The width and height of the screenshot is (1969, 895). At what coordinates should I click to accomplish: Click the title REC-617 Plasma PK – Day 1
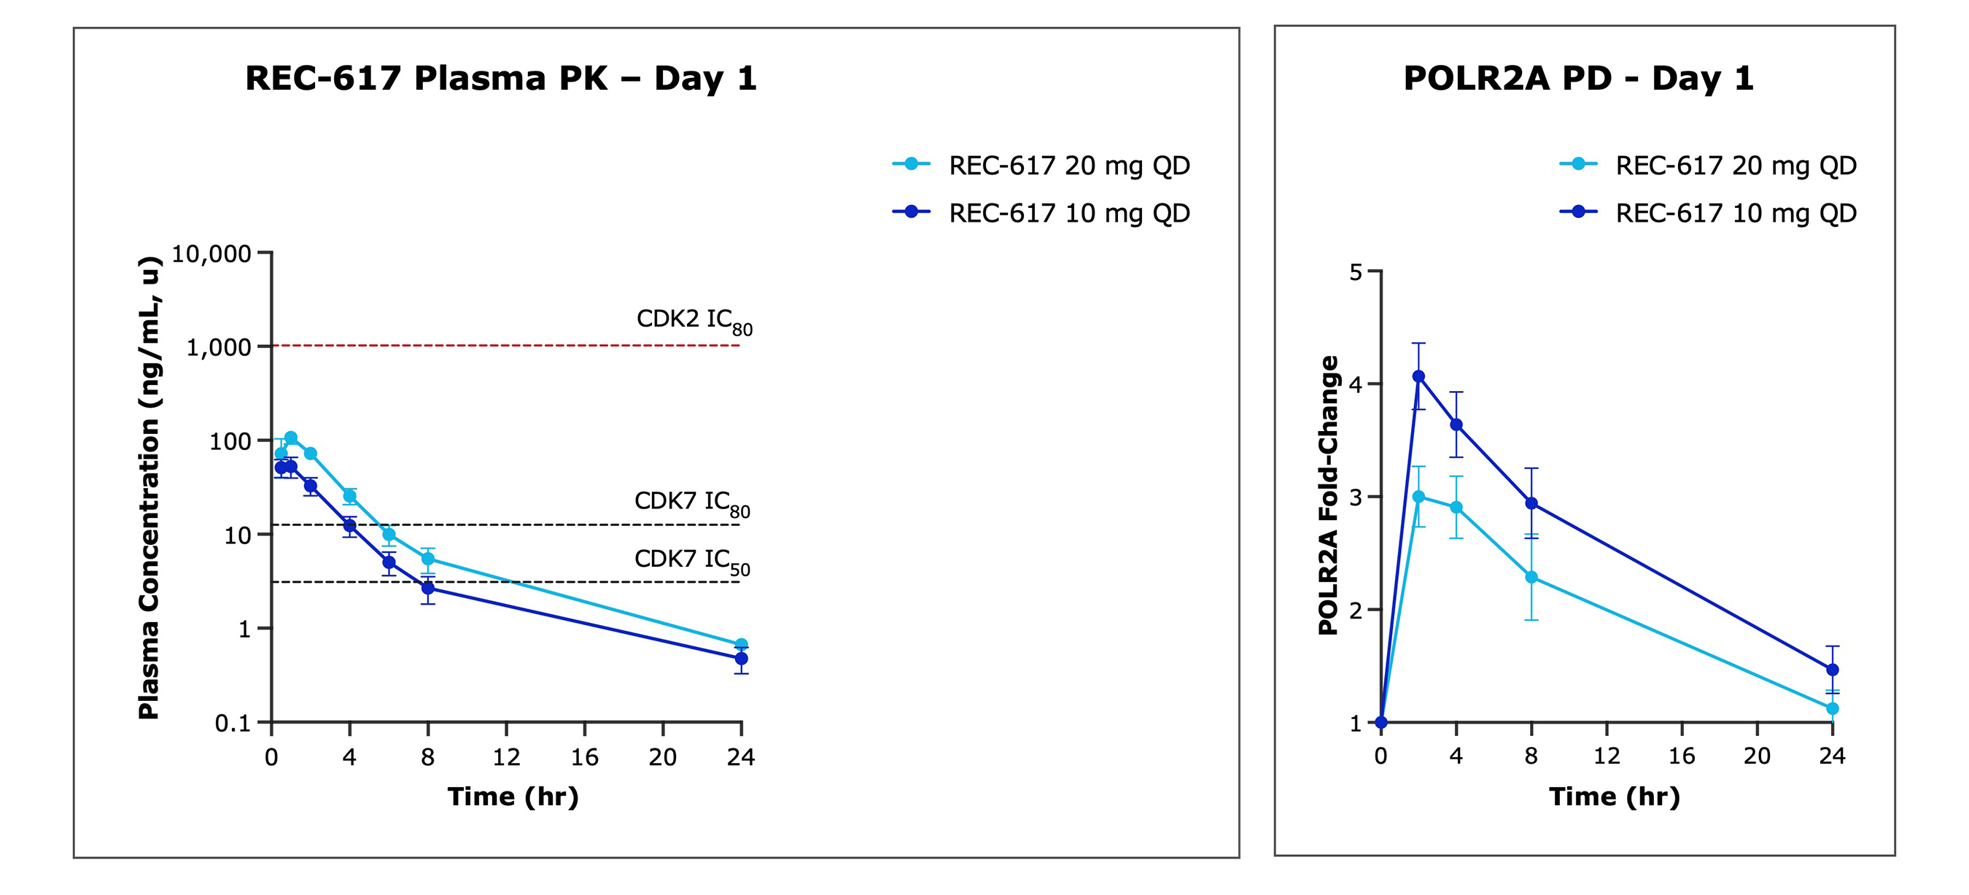(501, 78)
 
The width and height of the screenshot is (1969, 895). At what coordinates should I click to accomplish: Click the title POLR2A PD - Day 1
(1577, 78)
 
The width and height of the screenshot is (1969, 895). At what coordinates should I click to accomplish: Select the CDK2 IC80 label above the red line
(694, 320)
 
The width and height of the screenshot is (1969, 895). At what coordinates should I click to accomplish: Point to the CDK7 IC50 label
(692, 560)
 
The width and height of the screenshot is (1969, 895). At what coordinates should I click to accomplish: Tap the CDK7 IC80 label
(692, 502)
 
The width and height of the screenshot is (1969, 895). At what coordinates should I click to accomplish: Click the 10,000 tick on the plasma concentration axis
(211, 254)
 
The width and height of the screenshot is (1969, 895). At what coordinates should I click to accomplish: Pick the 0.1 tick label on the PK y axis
(233, 722)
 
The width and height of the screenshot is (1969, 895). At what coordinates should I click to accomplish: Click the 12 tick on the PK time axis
(506, 756)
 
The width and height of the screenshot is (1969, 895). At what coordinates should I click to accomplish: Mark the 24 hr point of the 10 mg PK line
(741, 658)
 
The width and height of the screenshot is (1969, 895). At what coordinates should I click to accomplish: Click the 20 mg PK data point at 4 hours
(349, 496)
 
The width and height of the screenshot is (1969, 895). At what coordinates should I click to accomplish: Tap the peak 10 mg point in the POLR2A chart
(1418, 376)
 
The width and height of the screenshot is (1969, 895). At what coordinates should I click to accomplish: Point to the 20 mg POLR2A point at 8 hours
(1531, 577)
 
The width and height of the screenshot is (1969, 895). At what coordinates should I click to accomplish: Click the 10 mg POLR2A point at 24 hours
(1832, 670)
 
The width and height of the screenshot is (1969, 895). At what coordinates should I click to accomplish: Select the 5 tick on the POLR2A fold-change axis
(1356, 272)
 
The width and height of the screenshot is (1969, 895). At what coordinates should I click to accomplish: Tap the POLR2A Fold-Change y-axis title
(1329, 495)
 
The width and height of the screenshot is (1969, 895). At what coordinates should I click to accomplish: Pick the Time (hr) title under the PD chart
(1615, 797)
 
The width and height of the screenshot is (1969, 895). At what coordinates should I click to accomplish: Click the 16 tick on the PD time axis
(1682, 756)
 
